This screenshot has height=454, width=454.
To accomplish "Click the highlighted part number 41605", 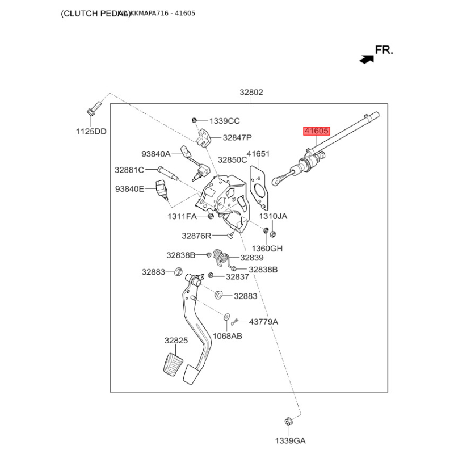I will pyautogui.click(x=316, y=131).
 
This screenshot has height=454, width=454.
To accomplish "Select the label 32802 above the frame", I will pyautogui.click(x=251, y=93).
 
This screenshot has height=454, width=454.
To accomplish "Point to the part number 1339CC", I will pyautogui.click(x=224, y=121).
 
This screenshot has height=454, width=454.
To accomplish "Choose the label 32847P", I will pyautogui.click(x=237, y=137).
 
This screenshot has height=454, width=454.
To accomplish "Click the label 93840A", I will pyautogui.click(x=155, y=153).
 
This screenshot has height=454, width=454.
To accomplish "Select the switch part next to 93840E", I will pyautogui.click(x=161, y=189).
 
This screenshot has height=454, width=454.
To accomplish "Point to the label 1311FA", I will pyautogui.click(x=182, y=217).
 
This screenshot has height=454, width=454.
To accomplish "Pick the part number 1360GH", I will pyautogui.click(x=267, y=248).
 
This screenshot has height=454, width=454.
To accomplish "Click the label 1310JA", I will pyautogui.click(x=274, y=216).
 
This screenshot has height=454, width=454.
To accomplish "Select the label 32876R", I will pyautogui.click(x=196, y=236).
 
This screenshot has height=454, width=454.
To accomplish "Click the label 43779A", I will pyautogui.click(x=264, y=322).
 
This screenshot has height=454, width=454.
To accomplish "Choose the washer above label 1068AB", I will pyautogui.click(x=226, y=317).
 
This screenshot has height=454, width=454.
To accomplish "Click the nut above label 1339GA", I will pyautogui.click(x=288, y=421).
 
